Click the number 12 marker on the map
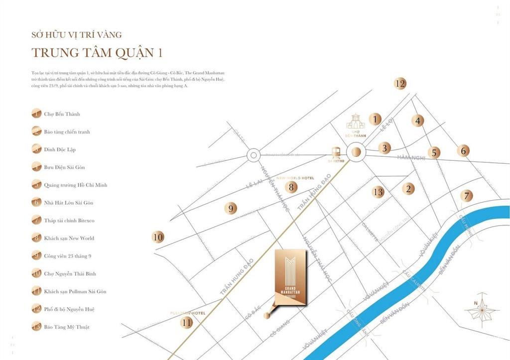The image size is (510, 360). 400,84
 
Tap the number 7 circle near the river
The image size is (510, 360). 466,196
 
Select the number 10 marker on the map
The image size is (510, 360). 158,238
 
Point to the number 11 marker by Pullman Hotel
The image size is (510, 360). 187,322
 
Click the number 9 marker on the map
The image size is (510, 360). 230,209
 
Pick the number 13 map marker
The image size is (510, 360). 378,192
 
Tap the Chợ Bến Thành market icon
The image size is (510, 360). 356,121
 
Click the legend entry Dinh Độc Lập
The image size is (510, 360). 60,149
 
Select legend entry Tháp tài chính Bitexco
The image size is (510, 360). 69,221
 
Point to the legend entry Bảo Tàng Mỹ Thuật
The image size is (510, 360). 67,327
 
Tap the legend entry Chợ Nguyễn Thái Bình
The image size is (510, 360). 70,274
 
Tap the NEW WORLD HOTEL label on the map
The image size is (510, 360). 295,178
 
